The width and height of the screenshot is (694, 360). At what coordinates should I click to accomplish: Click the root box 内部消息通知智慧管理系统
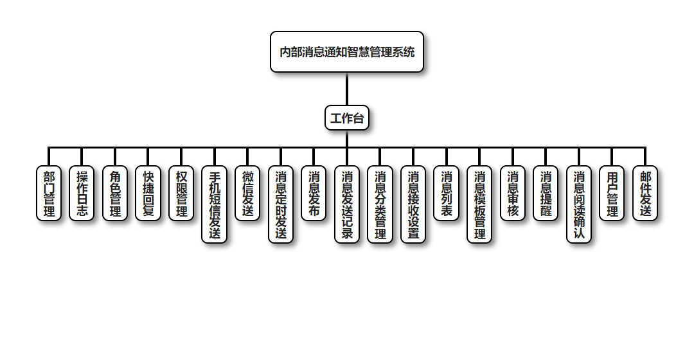pyautogui.click(x=347, y=52)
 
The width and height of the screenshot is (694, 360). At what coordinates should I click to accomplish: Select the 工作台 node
pyautogui.click(x=347, y=118)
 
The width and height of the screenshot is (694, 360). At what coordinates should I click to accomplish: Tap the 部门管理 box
pyautogui.click(x=49, y=194)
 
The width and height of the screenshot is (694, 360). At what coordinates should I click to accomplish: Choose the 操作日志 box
pyautogui.click(x=82, y=194)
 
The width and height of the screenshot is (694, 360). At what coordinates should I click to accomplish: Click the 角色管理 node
pyautogui.click(x=115, y=194)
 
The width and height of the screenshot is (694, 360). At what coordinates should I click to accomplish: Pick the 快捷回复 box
pyautogui.click(x=148, y=194)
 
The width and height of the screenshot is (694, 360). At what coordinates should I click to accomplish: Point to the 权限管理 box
pyautogui.click(x=181, y=194)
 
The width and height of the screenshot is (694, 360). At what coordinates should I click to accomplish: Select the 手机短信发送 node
pyautogui.click(x=215, y=204)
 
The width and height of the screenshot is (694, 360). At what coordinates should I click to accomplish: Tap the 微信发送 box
pyautogui.click(x=247, y=194)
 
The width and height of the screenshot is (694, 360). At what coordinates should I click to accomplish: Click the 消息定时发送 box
pyautogui.click(x=281, y=204)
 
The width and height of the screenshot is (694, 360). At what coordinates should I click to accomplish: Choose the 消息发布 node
pyautogui.click(x=314, y=194)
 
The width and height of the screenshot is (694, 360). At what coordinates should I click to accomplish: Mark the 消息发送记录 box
pyautogui.click(x=347, y=204)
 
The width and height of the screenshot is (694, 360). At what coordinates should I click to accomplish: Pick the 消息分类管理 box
pyautogui.click(x=380, y=204)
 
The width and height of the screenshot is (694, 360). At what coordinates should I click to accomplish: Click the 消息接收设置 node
pyautogui.click(x=413, y=204)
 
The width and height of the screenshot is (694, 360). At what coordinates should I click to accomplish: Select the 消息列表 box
pyautogui.click(x=446, y=194)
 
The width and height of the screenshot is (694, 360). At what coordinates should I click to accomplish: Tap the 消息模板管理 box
pyautogui.click(x=479, y=204)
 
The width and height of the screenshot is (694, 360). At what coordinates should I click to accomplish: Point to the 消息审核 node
pyautogui.click(x=513, y=194)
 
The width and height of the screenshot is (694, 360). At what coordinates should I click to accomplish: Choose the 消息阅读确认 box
pyautogui.click(x=579, y=204)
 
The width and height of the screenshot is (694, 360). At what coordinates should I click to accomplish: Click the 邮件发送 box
pyautogui.click(x=645, y=194)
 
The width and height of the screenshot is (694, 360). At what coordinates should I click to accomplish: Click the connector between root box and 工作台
pyautogui.click(x=347, y=89)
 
